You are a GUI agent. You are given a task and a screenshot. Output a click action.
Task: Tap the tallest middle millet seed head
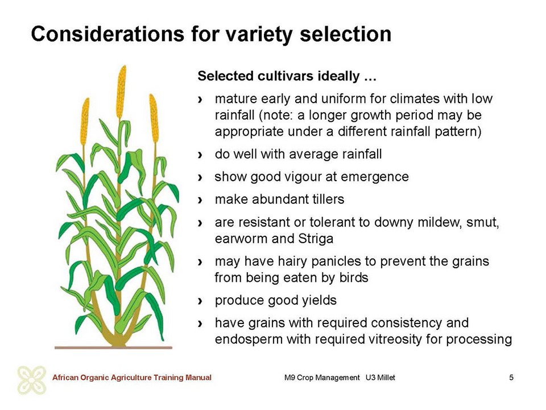point(121,92)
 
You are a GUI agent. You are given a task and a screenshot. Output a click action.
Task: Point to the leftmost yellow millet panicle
point(85,121)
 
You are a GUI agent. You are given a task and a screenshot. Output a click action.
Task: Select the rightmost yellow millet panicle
point(154,118)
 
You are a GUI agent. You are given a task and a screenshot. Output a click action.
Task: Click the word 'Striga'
point(316,239)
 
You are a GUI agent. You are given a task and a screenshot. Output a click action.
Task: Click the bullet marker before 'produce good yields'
point(200,301)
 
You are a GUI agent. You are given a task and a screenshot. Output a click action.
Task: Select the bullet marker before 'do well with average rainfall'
point(200,154)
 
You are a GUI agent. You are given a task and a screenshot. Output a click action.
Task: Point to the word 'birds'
point(354,277)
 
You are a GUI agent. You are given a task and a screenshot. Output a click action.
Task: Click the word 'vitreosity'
point(393,339)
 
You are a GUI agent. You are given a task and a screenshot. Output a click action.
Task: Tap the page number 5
point(511,377)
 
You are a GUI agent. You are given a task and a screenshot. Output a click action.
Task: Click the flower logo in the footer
point(32,380)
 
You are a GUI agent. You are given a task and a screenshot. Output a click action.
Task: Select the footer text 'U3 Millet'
point(380,378)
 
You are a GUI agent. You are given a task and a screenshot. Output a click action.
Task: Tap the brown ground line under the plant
point(114,347)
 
